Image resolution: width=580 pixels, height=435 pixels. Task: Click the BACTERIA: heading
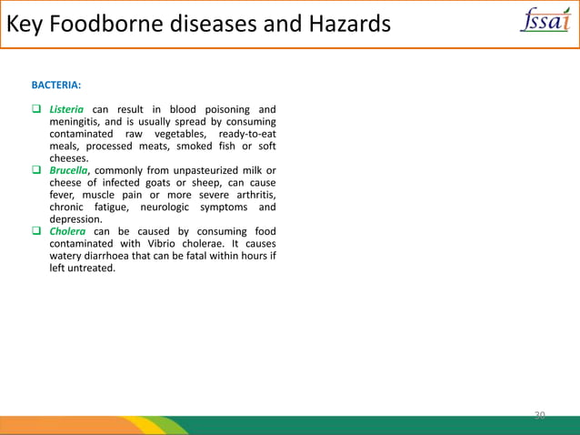coord(56,86)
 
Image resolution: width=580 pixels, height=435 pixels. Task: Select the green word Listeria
coord(66,110)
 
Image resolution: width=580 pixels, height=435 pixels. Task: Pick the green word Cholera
coord(68,231)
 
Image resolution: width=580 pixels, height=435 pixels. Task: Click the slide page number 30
coord(539,415)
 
